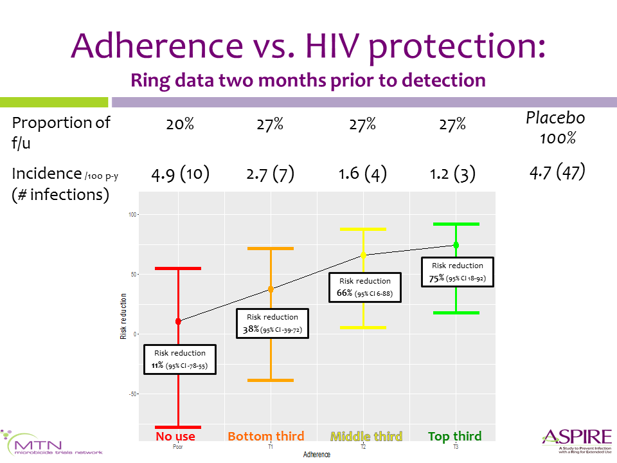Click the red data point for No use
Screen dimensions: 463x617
pos(178,322)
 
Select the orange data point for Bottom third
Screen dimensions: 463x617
pos(271,289)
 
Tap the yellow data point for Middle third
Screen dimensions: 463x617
pos(363,255)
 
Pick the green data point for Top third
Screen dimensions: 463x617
pos(456,245)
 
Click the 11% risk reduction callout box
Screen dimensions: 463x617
pos(180,360)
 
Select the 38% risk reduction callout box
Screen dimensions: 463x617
pos(273,323)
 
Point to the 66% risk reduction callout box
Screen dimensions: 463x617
pos(365,287)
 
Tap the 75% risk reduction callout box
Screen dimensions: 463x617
pos(458,272)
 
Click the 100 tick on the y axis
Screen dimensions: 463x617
pos(132,214)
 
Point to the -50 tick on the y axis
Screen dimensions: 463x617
pos(132,394)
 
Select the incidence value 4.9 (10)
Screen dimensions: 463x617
pos(180,174)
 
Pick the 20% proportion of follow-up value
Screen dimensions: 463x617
pos(180,125)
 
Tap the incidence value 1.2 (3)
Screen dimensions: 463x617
pos(452,174)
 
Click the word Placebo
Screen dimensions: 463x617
pos(556,118)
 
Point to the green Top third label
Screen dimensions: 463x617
pos(455,437)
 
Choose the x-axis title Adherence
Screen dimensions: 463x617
pos(317,455)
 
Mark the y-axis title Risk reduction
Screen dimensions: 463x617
pos(124,316)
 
